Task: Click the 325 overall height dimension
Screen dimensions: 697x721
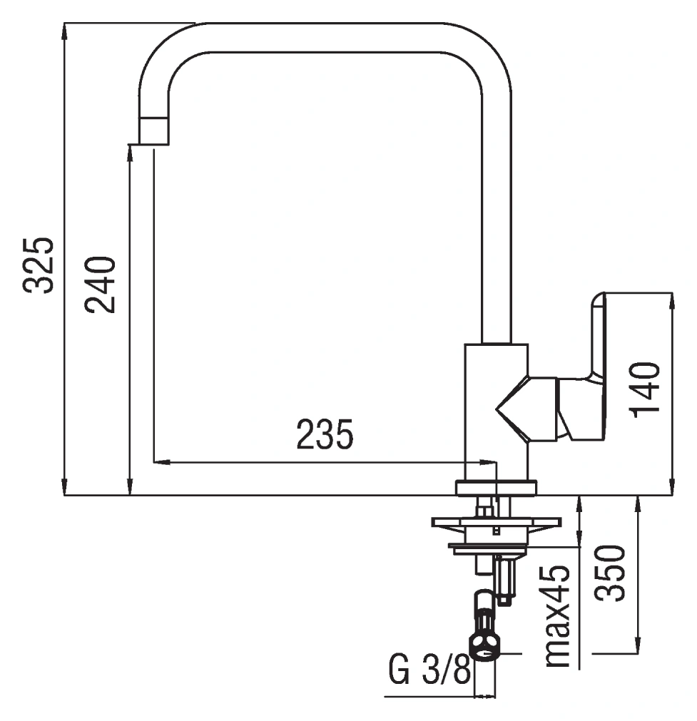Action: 39,265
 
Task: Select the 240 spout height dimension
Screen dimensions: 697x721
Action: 100,285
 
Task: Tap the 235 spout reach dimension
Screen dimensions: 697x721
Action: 325,434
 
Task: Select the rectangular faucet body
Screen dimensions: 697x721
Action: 496,412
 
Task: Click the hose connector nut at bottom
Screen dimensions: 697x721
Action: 484,645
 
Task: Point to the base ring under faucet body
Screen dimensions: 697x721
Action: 496,487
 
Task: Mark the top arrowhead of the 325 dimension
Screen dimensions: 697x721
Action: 64,31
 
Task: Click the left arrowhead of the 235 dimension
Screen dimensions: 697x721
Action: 161,461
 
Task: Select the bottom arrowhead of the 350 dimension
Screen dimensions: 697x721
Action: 637,645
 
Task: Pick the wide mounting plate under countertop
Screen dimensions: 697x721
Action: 496,522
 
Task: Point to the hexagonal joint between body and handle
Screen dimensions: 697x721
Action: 526,409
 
